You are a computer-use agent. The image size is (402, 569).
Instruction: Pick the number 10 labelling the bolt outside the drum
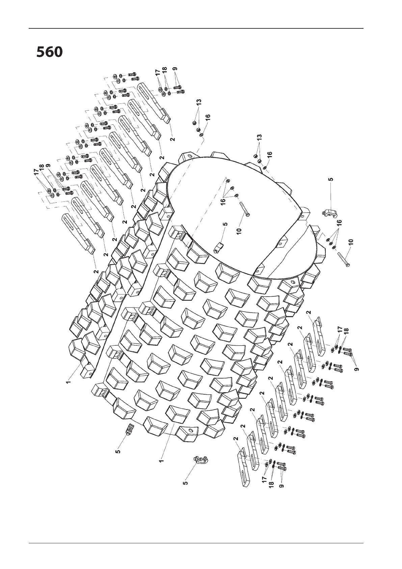pyautogui.click(x=351, y=242)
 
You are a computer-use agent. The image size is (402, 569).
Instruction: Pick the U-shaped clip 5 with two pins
pyautogui.click(x=200, y=460)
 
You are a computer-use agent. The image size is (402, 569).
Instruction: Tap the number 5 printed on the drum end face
pyautogui.click(x=225, y=224)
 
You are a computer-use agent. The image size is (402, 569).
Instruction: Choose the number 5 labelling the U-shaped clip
pyautogui.click(x=185, y=483)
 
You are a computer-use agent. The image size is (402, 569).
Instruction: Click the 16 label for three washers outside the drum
pyautogui.click(x=340, y=223)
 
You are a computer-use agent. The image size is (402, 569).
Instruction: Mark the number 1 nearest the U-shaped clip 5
pyautogui.click(x=161, y=460)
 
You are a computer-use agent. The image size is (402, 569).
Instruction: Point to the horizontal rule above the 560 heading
pyautogui.click(x=196, y=29)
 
